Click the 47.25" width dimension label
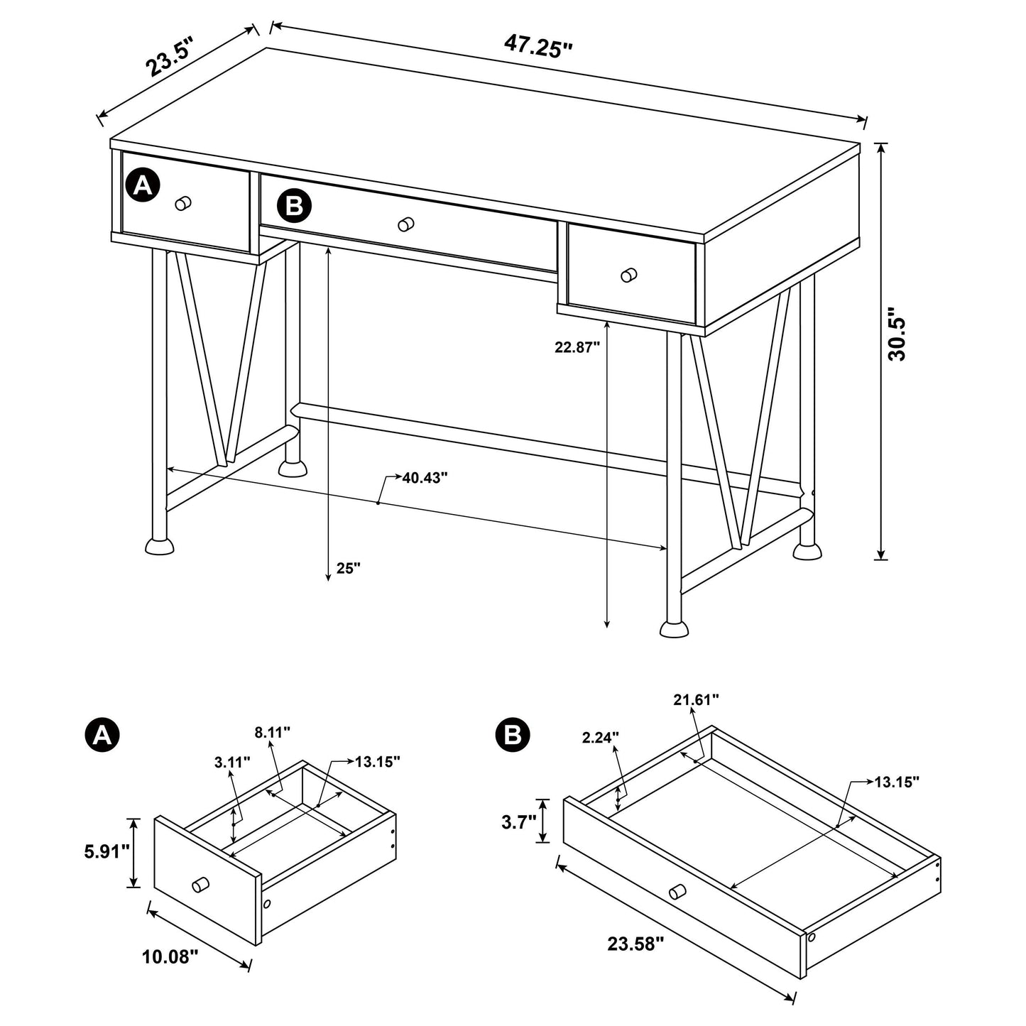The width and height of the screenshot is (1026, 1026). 538,47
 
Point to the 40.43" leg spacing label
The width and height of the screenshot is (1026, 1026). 425,478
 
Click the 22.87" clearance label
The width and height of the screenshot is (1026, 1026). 577,347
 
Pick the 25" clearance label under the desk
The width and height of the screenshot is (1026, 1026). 349,568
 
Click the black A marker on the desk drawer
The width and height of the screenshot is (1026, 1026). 143,186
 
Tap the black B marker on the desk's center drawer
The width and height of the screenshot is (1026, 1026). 293,206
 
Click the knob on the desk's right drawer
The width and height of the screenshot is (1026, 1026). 628,274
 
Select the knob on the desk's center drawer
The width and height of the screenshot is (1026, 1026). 406,224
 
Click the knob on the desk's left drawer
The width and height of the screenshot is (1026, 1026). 183,203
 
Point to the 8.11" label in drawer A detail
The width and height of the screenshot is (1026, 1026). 273,733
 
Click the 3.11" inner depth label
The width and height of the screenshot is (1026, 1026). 232,763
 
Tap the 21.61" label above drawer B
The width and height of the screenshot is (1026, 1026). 696,699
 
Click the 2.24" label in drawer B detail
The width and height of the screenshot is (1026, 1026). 601,737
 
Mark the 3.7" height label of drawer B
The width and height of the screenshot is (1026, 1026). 518,822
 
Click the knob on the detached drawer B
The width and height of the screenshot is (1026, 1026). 677,891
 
